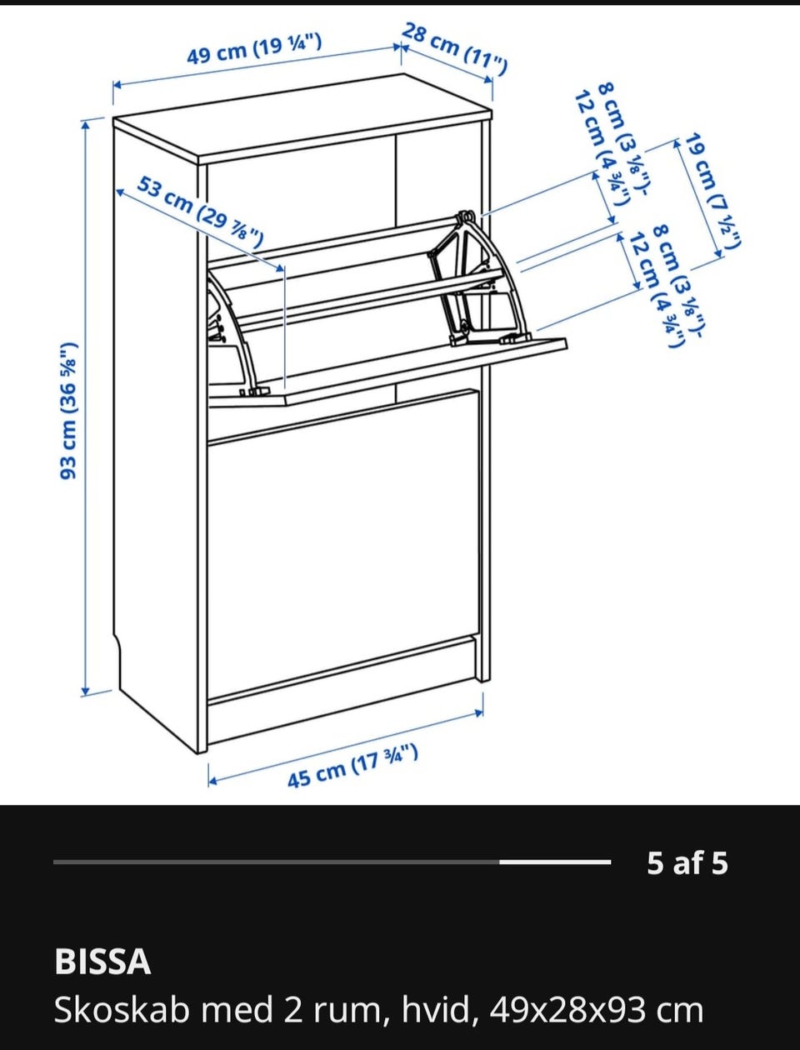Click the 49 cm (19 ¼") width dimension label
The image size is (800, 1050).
point(254,49)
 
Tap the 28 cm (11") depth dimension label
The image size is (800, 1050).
point(453,49)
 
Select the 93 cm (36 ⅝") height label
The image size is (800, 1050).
point(68,410)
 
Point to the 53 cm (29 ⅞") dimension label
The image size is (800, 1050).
point(200,212)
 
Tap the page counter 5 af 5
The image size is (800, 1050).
point(687,863)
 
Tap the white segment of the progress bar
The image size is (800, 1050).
point(555,862)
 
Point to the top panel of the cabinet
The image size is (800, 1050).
point(302,120)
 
